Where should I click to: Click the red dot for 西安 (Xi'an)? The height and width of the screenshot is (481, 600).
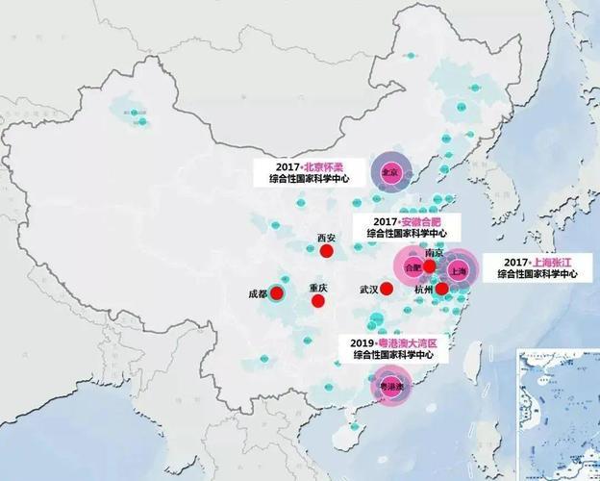[327, 251]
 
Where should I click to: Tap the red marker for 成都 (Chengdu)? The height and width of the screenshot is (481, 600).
[278, 293]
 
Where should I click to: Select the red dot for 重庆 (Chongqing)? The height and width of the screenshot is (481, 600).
[318, 301]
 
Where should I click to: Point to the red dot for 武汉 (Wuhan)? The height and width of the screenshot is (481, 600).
[387, 289]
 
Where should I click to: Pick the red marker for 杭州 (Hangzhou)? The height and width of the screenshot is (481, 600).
[441, 289]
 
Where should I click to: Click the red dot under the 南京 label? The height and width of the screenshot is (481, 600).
[430, 266]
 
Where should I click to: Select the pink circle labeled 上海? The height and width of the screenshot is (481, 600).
[458, 271]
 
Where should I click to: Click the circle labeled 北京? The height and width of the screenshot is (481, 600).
[391, 173]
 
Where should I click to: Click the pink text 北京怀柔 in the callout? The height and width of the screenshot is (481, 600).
[325, 166]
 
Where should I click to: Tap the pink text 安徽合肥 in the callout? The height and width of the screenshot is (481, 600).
[427, 221]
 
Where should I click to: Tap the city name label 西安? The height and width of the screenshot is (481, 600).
[326, 237]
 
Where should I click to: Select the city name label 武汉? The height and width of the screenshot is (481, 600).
[369, 289]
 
